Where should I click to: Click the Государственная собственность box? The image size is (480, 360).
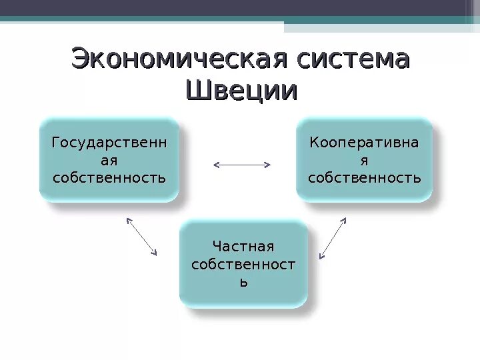coord(109,160)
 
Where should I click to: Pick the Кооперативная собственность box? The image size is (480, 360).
coord(364,160)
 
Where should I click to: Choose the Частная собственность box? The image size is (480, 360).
coord(243,264)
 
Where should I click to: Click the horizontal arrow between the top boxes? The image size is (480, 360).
coord(241,164)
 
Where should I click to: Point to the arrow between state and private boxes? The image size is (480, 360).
coord(141,236)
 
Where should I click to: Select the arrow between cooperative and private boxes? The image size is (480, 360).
coord(333,237)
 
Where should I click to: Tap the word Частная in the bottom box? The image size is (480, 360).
coord(243,247)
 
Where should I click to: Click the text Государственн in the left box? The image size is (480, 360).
coord(109,142)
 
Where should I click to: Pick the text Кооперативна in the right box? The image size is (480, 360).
coord(364,142)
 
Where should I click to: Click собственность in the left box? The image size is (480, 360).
coord(109,178)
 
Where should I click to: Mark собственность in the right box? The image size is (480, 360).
coord(364,178)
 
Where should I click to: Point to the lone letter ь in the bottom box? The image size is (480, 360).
coord(243,282)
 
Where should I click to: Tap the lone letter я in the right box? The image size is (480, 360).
coord(364,160)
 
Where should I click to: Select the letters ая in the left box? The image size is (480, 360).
coord(109,160)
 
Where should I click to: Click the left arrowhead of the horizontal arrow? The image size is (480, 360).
coord(215,164)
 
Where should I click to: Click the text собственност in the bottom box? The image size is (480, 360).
coord(243,265)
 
